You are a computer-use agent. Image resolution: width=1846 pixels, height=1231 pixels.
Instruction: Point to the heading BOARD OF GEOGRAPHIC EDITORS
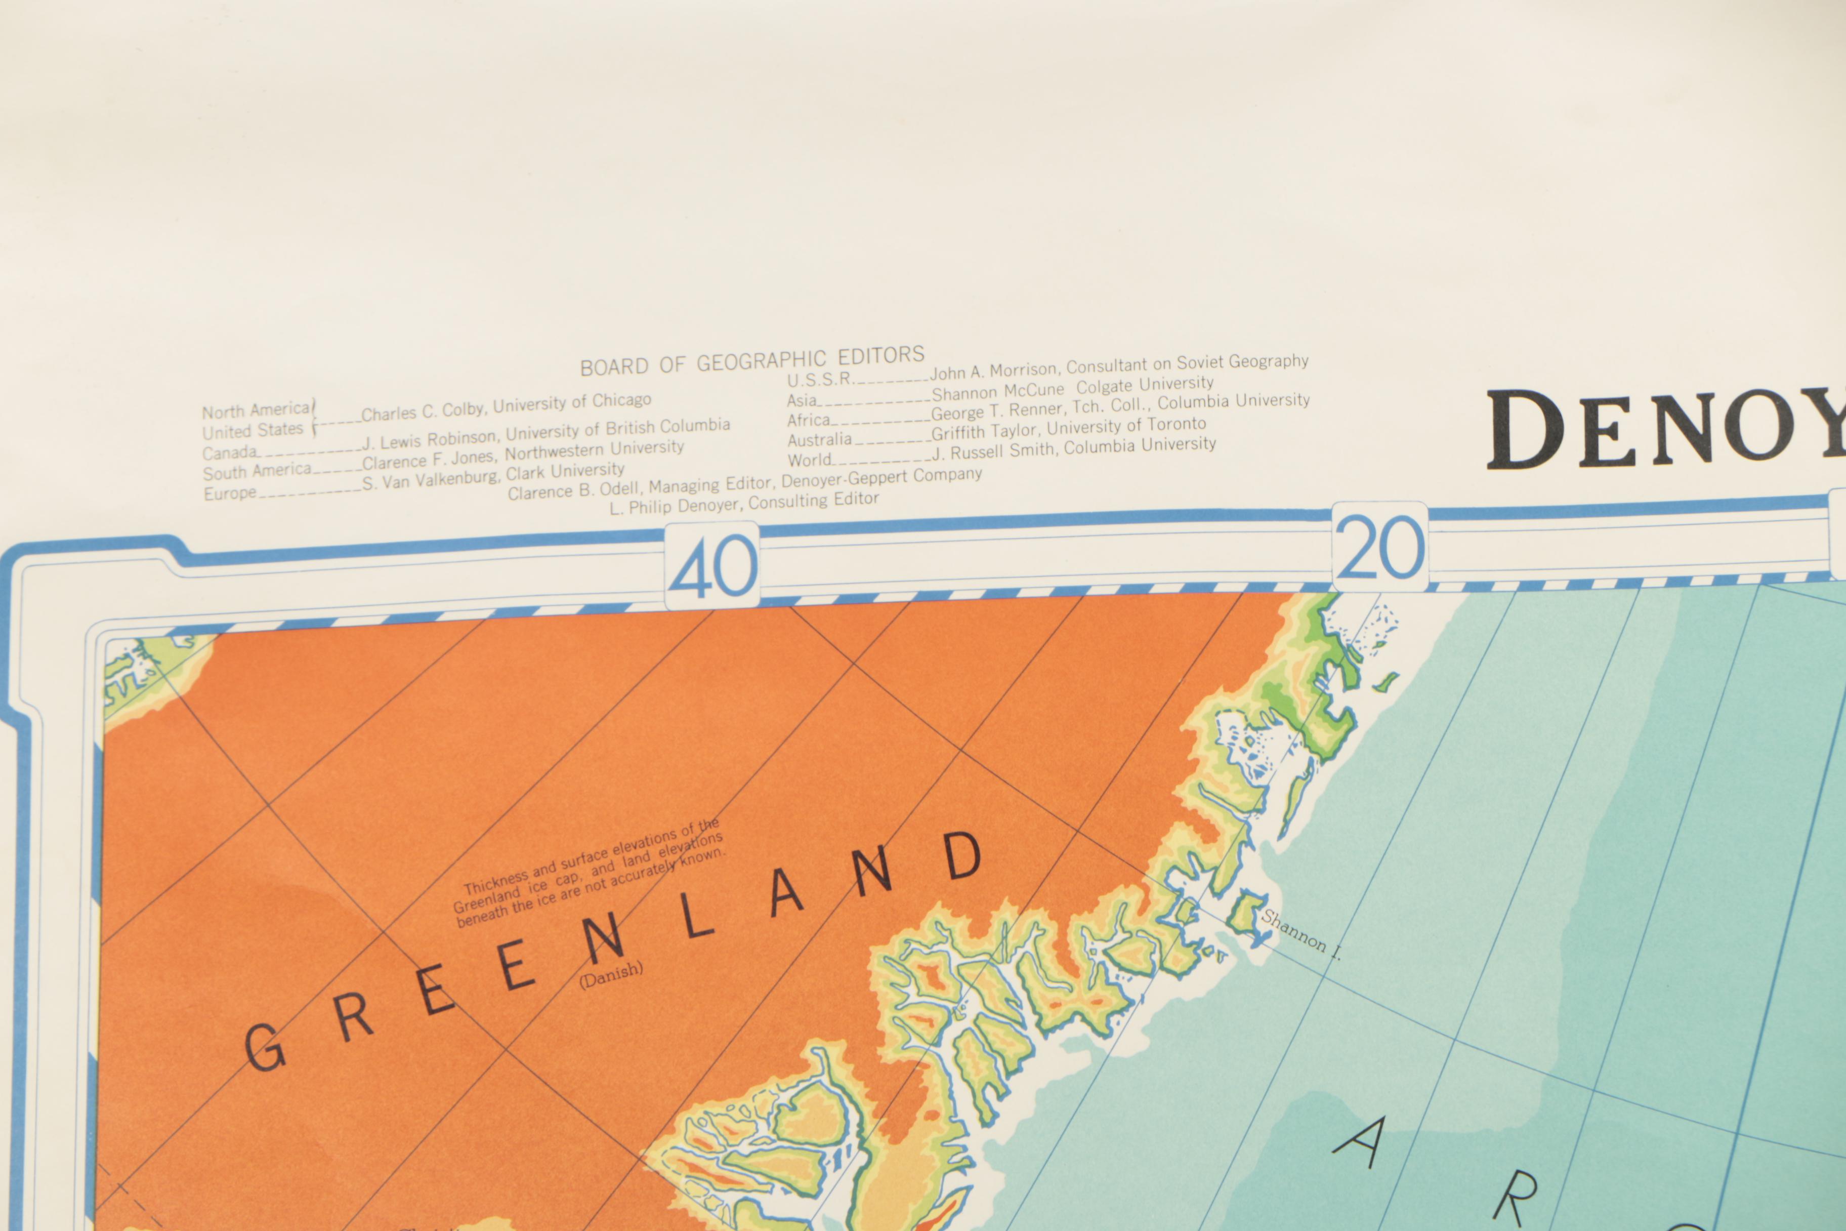[x=752, y=360]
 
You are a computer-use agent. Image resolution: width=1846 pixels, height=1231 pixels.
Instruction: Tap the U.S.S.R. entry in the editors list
[x=820, y=379]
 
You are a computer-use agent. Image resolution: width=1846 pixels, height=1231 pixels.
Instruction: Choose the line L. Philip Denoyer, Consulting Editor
[x=744, y=503]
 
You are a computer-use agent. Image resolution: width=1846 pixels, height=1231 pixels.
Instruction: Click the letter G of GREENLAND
[x=265, y=1047]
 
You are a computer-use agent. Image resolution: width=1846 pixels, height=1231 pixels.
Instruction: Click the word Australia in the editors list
[x=819, y=440]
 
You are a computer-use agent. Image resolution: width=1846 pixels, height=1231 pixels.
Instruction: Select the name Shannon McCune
[x=997, y=390]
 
